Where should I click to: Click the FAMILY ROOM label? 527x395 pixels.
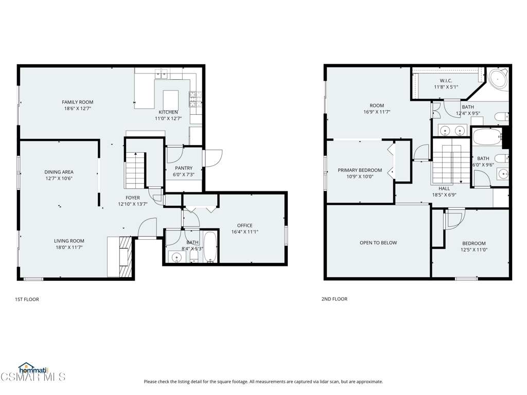click(x=78, y=102)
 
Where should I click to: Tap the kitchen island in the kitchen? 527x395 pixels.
click(x=171, y=100)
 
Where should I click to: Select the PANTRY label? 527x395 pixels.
click(x=184, y=168)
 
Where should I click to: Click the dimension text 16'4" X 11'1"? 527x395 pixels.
click(x=244, y=232)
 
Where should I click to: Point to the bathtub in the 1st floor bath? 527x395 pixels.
click(x=210, y=246)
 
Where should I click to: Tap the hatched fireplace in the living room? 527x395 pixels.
click(x=126, y=257)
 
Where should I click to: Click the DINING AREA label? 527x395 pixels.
click(x=59, y=172)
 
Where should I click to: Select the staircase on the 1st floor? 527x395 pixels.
click(x=135, y=170)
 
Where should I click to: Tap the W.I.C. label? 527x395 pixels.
click(x=446, y=81)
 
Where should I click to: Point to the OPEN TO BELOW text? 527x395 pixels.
click(x=378, y=243)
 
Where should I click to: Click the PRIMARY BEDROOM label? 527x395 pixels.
click(x=360, y=170)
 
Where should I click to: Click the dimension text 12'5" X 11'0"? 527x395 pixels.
click(x=474, y=249)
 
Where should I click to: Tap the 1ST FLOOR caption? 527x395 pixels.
click(x=27, y=299)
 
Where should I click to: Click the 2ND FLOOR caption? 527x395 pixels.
click(x=335, y=299)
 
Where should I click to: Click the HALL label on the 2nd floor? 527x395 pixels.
click(x=444, y=189)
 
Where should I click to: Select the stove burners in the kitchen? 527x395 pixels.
click(x=195, y=98)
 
